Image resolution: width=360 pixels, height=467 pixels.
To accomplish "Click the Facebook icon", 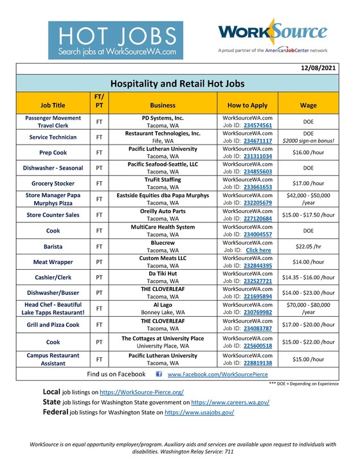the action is pos(158,374).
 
